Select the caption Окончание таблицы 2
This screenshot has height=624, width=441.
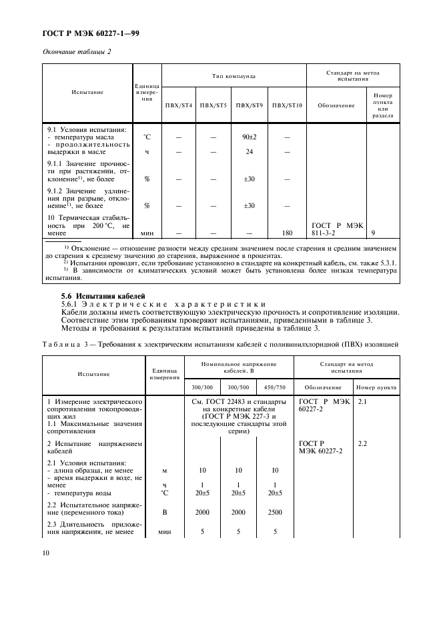[77, 51]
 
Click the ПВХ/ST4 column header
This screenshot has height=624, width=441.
[178, 105]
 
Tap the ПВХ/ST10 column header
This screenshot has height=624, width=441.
[287, 105]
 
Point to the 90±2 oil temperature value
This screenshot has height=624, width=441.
[250, 137]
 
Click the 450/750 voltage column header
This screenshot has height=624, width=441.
[274, 387]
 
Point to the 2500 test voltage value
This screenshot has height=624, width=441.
[274, 513]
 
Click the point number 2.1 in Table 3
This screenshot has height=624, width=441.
[364, 403]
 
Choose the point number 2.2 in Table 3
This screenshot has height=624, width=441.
[364, 443]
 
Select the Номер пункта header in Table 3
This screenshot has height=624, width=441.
[377, 387]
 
